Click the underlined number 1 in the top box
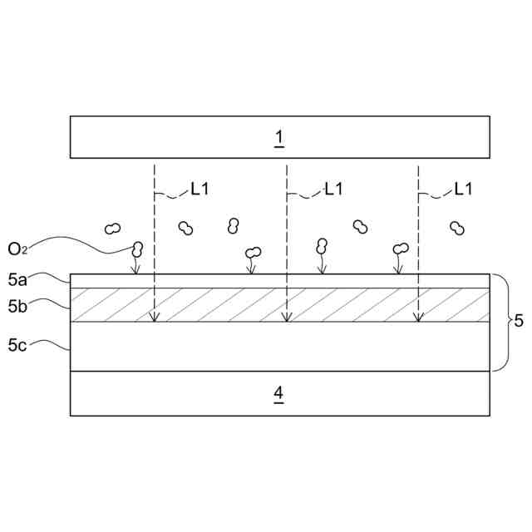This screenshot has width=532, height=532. (x=279, y=137)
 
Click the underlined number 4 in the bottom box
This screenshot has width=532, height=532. (x=279, y=392)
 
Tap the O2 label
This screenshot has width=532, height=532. (x=19, y=249)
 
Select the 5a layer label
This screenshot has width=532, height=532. (x=17, y=279)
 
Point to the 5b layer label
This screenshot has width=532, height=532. (x=17, y=306)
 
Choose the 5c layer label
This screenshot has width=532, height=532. (x=17, y=343)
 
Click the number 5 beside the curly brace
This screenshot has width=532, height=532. (x=519, y=321)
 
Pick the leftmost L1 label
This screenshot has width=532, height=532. (x=199, y=190)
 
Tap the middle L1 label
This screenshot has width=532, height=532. (x=333, y=190)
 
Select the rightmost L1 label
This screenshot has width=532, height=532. (x=463, y=190)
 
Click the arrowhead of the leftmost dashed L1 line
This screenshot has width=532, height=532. (x=154, y=317)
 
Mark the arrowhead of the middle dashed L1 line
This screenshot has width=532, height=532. (x=287, y=317)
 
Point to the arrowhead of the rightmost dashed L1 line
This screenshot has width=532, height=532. (x=418, y=317)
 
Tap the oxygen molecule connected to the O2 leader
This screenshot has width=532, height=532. (x=136, y=248)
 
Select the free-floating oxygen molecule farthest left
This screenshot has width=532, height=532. (x=111, y=228)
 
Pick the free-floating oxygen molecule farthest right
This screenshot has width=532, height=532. (x=456, y=228)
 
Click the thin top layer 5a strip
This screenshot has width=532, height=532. (x=279, y=281)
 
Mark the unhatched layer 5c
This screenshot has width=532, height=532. (x=279, y=346)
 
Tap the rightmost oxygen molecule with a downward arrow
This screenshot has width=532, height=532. (x=401, y=248)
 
